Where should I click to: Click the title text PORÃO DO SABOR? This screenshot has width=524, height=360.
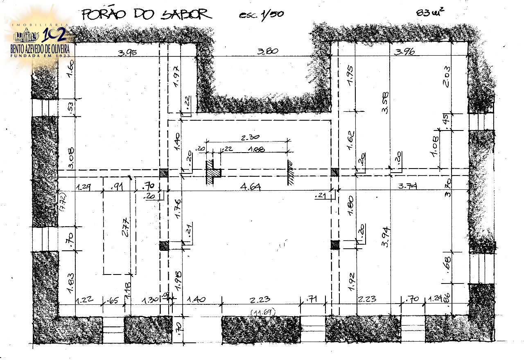(146, 14)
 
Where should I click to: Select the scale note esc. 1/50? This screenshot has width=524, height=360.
(261, 14)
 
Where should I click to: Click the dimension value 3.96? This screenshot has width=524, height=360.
(404, 52)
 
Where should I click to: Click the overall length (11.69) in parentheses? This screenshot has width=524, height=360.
(262, 313)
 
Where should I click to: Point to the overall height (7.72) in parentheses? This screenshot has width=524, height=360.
(63, 202)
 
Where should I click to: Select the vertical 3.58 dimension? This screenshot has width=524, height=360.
(385, 102)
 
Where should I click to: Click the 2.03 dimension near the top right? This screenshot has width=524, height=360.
(446, 77)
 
